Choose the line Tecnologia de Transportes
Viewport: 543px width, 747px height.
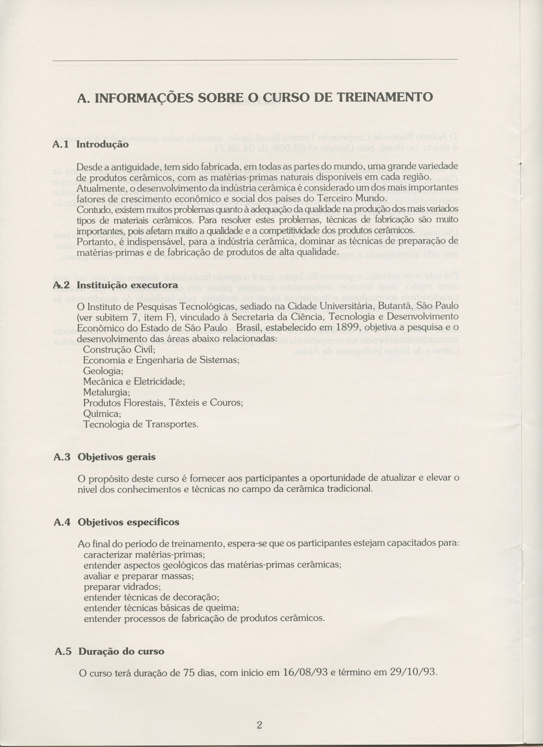[141, 424]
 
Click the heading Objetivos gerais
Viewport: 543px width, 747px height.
[117, 457]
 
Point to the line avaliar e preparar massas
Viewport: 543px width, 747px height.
[139, 576]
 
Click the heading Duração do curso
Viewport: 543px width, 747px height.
[121, 652]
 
